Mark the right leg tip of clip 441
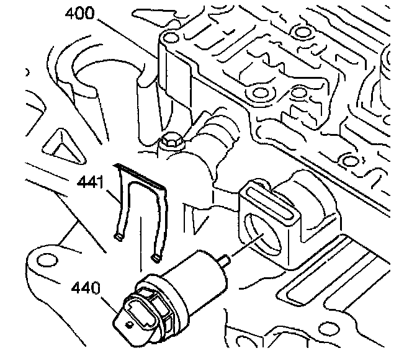[156, 255]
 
